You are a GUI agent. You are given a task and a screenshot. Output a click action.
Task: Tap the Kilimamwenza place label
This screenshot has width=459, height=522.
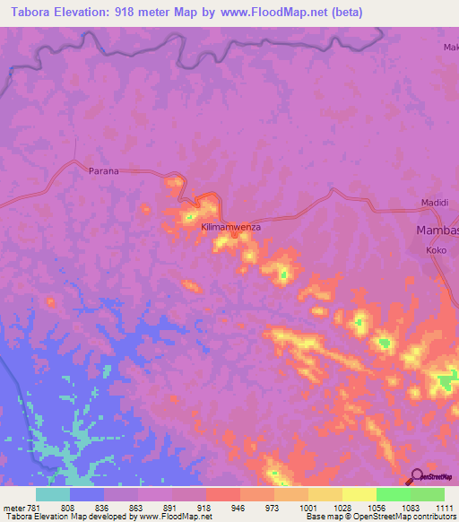click(231, 228)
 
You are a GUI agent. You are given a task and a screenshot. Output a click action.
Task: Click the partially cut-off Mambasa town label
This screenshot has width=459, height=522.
click(437, 231)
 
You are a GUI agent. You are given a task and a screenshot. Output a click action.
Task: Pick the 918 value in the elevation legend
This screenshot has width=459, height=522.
click(205, 507)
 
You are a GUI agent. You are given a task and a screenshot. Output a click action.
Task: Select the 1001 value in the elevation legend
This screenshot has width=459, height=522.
click(307, 507)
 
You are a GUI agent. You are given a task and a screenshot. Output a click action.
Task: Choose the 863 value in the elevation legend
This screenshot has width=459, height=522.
click(137, 507)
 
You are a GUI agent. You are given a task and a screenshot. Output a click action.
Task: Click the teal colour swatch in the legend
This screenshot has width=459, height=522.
click(53, 494)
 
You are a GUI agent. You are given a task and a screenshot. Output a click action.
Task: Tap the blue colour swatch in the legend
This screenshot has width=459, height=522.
click(87, 494)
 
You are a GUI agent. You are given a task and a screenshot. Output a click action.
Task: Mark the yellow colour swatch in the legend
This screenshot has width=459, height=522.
click(359, 494)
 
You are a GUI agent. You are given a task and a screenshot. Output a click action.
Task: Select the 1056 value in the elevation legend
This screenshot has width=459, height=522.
click(376, 507)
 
